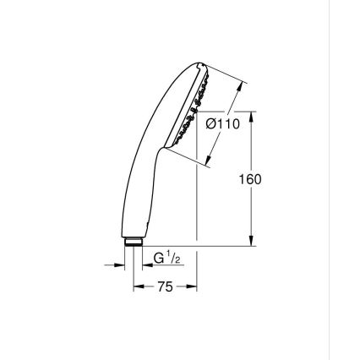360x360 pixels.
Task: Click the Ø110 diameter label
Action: [224, 124]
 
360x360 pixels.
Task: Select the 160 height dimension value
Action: [250, 179]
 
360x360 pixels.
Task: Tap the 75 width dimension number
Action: [165, 287]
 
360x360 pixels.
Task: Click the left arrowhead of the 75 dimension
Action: [138, 287]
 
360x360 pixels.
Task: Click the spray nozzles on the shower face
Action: [189, 110]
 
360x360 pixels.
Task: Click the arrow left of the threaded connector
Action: [118, 265]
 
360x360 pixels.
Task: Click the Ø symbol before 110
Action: [211, 124]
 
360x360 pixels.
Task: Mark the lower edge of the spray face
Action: [169, 145]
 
